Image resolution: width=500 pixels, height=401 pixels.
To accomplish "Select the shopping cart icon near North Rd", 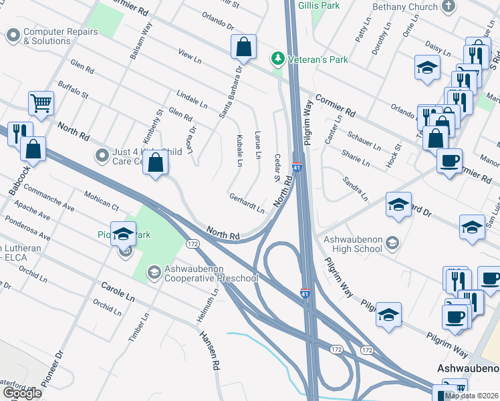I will tap(41, 104).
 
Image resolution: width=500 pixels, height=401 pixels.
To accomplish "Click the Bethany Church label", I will tap(405, 6).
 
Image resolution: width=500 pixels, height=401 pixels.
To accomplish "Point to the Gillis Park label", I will tap(319, 5).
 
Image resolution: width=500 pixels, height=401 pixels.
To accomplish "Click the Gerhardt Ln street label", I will tap(247, 203).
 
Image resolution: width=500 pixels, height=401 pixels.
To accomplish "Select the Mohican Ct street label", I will tap(101, 199).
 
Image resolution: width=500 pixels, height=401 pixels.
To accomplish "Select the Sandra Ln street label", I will tap(355, 189).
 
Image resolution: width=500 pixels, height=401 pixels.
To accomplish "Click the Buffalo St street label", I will tap(73, 90).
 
